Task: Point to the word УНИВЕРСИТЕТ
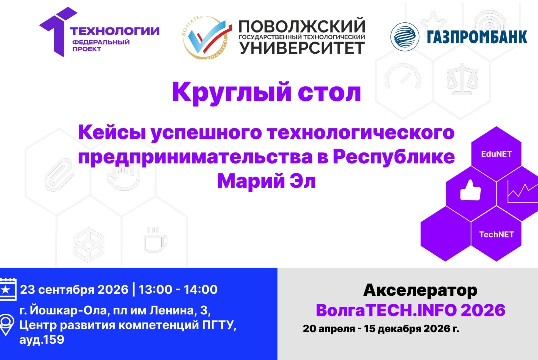coord(302,48)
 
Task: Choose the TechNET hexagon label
coord(496,234)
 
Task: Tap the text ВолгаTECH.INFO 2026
coord(410,310)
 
